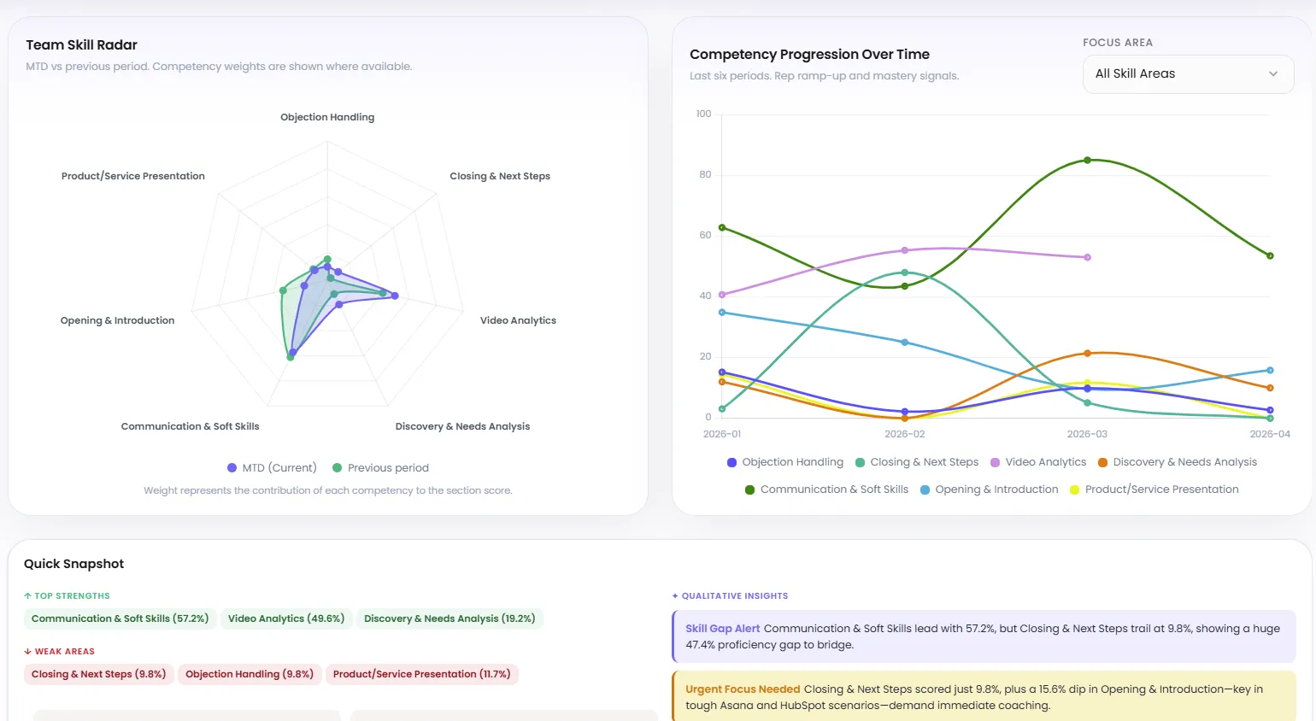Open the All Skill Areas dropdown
tap(1188, 74)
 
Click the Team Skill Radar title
tap(81, 45)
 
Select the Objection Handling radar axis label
tap(327, 117)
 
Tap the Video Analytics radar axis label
tap(518, 320)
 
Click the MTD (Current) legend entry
tap(272, 468)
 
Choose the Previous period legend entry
tap(380, 468)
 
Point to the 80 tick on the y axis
tap(705, 174)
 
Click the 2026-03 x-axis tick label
tap(1087, 434)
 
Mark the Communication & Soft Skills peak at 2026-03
tap(1087, 160)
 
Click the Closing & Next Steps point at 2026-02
tap(905, 273)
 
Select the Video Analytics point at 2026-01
tap(722, 295)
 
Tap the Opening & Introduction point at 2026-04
tap(1270, 370)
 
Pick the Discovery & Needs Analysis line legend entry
tap(1178, 462)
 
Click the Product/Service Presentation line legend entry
tap(1154, 489)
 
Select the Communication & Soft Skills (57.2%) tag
tap(120, 618)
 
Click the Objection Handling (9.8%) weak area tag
tap(250, 674)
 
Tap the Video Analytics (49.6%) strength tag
tap(286, 618)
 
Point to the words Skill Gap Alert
tap(722, 629)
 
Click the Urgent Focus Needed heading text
tap(743, 689)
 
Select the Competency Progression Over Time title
tap(809, 55)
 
